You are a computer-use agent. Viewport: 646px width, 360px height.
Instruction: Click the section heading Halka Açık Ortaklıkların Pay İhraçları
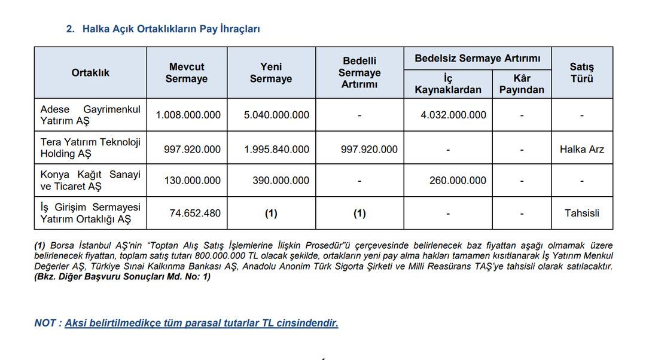click(170, 29)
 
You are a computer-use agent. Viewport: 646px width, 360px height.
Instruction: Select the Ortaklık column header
click(90, 72)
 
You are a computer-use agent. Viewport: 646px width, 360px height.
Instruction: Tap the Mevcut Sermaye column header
click(187, 73)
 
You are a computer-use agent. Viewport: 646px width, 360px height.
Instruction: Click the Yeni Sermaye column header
click(271, 73)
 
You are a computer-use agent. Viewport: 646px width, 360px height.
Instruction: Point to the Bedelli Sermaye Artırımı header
click(359, 73)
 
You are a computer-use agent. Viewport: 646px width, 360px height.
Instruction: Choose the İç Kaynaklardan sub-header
click(448, 84)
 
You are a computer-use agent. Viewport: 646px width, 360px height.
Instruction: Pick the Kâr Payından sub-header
click(522, 84)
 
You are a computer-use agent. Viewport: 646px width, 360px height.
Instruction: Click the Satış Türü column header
click(581, 73)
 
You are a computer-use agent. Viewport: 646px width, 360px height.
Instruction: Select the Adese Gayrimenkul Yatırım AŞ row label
click(90, 115)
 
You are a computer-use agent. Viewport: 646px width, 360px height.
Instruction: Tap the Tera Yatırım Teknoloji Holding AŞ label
click(90, 148)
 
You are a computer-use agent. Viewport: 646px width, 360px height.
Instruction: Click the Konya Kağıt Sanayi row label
click(90, 180)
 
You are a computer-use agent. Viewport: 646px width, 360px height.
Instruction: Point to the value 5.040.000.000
click(276, 115)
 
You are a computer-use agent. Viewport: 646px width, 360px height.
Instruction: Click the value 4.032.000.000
click(453, 115)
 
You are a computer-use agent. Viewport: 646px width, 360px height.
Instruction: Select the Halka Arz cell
click(581, 150)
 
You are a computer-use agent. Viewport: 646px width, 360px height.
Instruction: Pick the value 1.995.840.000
click(276, 150)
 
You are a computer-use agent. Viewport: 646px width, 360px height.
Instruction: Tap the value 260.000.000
click(458, 180)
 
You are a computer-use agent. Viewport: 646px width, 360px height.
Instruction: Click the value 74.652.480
click(195, 213)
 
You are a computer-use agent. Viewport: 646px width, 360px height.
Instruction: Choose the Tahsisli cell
click(581, 213)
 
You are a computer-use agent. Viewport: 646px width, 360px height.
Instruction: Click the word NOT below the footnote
click(45, 323)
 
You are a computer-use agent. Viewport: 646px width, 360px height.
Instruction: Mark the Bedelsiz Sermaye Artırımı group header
click(477, 58)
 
